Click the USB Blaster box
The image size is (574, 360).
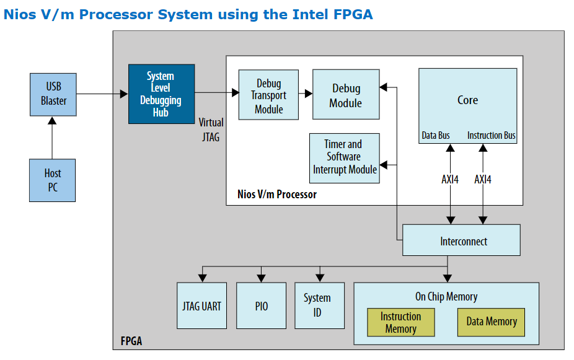pos(53,94)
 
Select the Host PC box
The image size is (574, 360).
pos(52,180)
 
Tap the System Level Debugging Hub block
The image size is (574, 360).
pos(161,94)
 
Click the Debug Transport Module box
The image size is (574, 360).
pos(268,95)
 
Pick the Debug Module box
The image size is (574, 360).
pos(346,94)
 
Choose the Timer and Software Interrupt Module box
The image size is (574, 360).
pos(345,158)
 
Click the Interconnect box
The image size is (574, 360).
pos(461,240)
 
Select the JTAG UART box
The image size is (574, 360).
pos(201,305)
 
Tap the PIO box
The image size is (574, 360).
pos(262,305)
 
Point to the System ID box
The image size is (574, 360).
pos(320,305)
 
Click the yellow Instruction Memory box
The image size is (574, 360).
pos(401,322)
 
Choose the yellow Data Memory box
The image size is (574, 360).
pos(492,322)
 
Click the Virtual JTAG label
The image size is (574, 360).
pos(211,130)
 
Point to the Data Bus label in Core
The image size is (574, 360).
pos(436,135)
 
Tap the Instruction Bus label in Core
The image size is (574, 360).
pos(492,135)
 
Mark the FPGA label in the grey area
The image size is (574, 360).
pos(131,341)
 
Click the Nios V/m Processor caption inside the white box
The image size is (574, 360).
pos(277,195)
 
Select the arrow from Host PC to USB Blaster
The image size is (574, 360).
pos(52,138)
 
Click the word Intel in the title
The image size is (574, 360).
pos(311,14)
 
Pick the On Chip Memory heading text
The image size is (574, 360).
pos(446,296)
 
